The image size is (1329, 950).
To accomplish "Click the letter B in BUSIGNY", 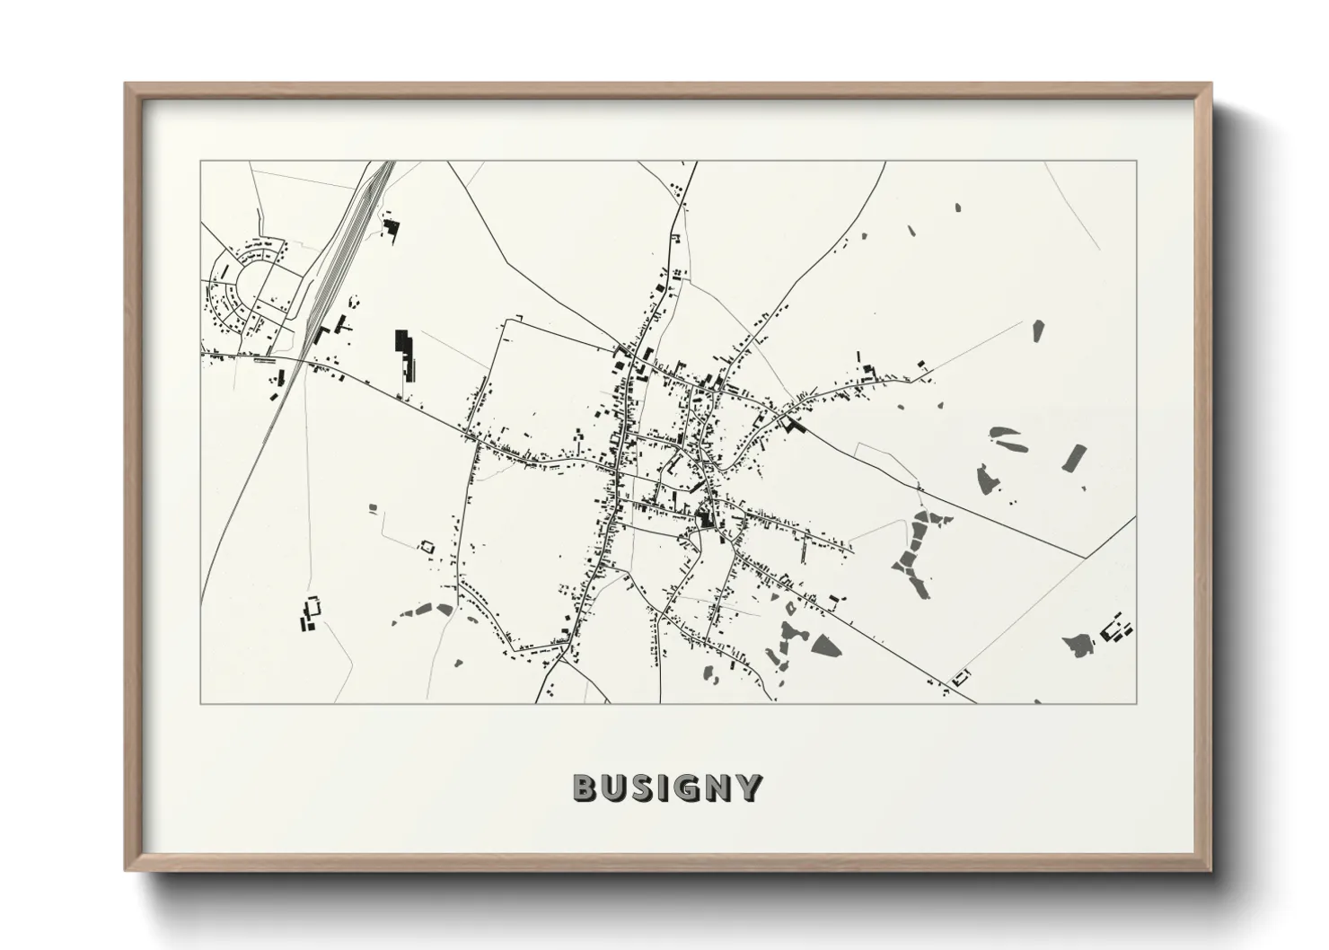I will [x=585, y=787].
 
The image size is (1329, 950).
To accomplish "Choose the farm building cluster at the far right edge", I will [x=1116, y=629].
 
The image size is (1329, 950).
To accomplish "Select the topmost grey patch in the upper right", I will [x=957, y=207].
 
